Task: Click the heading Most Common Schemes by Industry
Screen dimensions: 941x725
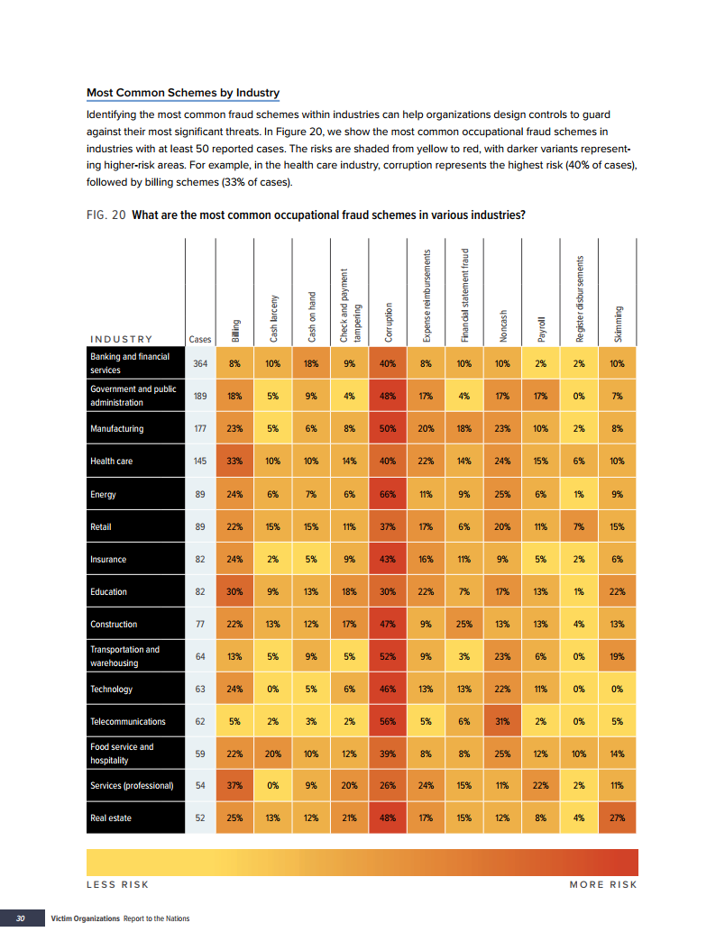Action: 183,93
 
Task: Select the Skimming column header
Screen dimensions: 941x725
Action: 618,321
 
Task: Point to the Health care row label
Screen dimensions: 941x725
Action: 112,461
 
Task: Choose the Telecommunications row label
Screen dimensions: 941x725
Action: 128,722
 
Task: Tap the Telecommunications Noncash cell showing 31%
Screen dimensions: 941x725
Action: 503,722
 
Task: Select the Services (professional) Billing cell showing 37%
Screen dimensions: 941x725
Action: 234,786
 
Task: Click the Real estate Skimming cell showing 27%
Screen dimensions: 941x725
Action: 618,818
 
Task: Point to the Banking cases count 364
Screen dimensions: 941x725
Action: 201,363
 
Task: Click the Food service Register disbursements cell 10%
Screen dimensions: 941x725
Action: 580,754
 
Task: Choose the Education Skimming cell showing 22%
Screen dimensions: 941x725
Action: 618,592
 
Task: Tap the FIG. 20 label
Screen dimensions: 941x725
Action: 106,215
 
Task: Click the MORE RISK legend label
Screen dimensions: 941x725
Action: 603,884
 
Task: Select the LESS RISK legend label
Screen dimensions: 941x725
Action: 117,884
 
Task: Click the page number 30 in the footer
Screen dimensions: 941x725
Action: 20,918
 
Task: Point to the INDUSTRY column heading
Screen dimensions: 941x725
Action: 121,339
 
